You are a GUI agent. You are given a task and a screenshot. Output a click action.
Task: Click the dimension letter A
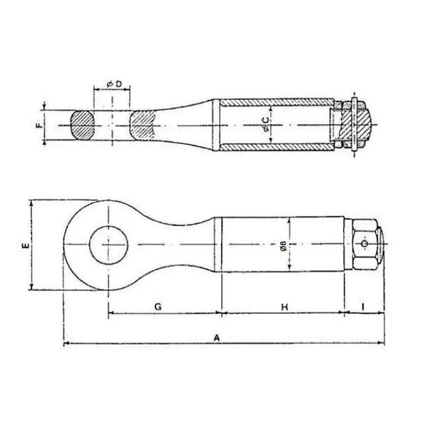coord(216,338)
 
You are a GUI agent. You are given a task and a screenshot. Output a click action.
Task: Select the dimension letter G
coord(158,307)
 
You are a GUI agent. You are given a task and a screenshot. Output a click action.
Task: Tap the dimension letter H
coord(285,307)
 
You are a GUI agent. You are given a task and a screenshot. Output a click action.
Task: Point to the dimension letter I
coord(363,307)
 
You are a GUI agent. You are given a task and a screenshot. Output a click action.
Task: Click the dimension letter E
coord(26,245)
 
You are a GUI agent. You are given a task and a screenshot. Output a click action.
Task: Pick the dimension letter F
coord(39,126)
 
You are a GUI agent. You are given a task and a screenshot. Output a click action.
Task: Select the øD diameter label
coord(114,84)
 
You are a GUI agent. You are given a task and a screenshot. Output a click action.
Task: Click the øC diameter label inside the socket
coord(265,124)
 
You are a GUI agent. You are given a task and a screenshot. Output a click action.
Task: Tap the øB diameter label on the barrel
coord(283,245)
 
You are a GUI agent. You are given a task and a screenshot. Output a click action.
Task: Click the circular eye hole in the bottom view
coord(108,245)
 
